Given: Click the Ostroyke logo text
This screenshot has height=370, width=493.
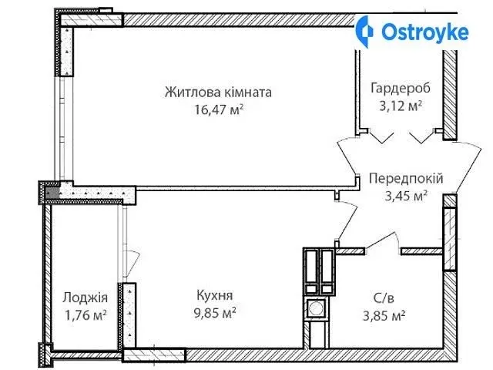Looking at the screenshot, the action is tap(424, 32).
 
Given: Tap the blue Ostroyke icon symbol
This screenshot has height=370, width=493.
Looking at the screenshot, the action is tap(364, 32).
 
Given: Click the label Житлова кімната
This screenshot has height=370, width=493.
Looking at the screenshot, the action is tap(218, 92).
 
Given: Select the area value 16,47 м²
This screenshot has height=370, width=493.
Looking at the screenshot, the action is tap(219, 109).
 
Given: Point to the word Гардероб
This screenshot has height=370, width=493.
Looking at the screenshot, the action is tap(401, 89).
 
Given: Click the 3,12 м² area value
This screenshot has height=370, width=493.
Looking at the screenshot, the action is tap(401, 106).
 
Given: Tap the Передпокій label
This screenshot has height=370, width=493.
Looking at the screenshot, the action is tap(406, 178).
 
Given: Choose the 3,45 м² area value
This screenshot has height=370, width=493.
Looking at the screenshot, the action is tap(406, 196).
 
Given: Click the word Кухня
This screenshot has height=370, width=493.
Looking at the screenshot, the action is tap(215, 296).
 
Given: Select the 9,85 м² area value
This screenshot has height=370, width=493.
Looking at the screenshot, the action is tap(215, 314).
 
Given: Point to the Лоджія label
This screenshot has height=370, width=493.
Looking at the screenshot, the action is tap(86, 298).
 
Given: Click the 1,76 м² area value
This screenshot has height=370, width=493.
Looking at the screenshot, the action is tap(86, 315).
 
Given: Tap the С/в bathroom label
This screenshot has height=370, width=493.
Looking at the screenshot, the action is tap(384, 298).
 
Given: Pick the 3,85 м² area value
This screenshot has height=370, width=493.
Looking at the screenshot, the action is tap(384, 315).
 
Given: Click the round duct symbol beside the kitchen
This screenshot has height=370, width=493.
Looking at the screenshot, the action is tap(316, 308).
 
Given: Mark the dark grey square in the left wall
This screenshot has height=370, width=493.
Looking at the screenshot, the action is tap(52, 193).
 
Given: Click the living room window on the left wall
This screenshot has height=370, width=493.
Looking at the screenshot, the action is tap(62, 129).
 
